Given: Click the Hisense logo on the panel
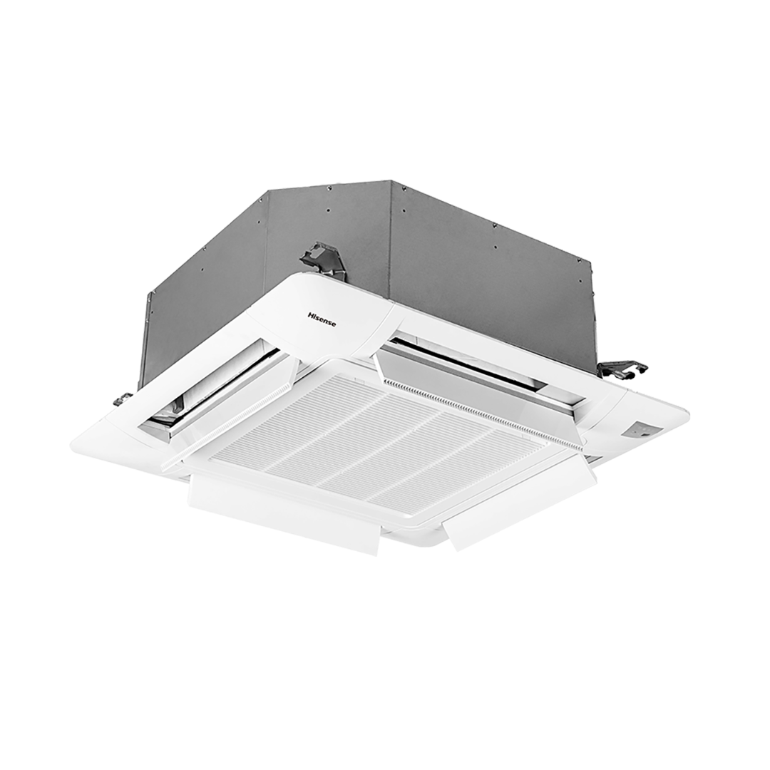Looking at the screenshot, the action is pos(322,319).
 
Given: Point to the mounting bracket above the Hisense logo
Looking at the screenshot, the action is pos(322,258).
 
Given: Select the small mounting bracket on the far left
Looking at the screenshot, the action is pos(123,399).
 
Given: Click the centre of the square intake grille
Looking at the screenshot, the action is pos(379,443).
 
